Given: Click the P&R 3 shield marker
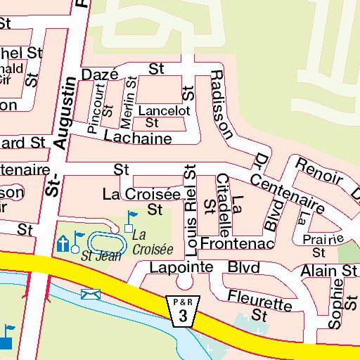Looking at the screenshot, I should click(183, 309).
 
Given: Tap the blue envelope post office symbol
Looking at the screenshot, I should click(89, 294).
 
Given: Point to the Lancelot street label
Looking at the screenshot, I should click(164, 111).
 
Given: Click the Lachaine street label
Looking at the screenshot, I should click(137, 139).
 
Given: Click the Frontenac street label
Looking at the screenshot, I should click(236, 243).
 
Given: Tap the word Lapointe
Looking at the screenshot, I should click(180, 268).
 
